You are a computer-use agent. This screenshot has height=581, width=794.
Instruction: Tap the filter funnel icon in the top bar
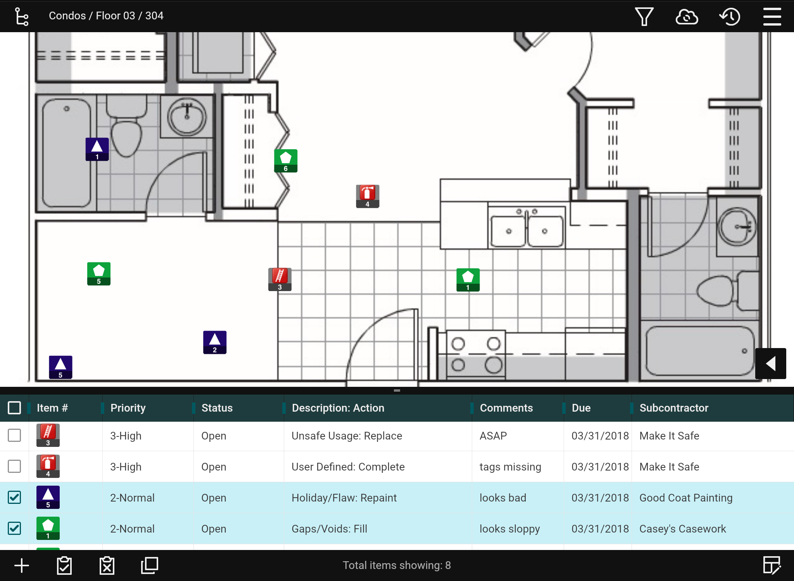[x=644, y=16]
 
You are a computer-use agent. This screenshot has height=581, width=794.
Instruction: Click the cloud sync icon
[x=687, y=16]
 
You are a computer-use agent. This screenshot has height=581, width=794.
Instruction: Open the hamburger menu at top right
[x=772, y=16]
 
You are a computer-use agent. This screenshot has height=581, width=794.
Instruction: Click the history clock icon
[x=730, y=16]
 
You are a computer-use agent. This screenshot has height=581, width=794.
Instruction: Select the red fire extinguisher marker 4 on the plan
[x=368, y=196]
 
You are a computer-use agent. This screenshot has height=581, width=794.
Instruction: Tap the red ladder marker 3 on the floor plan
[x=280, y=279]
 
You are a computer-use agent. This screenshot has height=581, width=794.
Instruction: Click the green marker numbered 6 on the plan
[x=286, y=160]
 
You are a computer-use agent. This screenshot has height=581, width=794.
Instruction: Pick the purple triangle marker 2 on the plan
[x=215, y=342]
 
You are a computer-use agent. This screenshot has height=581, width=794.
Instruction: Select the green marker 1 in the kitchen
[x=468, y=279]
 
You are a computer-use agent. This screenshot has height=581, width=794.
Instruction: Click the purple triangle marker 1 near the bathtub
[x=97, y=149]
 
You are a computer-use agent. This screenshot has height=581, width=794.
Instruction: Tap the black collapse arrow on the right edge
[x=770, y=363]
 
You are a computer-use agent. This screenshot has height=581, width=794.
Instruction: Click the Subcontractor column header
[x=674, y=408]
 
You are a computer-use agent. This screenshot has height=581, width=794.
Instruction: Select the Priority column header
[x=128, y=408]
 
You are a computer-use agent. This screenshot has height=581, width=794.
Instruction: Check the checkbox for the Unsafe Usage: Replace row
[x=14, y=435]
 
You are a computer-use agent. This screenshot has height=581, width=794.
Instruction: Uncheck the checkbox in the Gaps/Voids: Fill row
[x=14, y=528]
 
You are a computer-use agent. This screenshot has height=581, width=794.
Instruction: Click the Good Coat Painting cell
[x=685, y=498]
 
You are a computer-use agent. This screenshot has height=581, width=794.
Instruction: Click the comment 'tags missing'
[x=510, y=467]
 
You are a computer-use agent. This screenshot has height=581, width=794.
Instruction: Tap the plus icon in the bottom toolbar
[x=22, y=565]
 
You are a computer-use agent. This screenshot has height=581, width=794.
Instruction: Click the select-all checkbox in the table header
[x=14, y=408]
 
